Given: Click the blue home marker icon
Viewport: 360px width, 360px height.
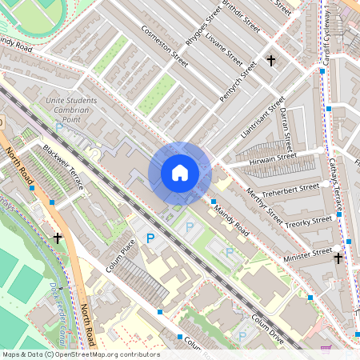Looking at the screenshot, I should [180, 173].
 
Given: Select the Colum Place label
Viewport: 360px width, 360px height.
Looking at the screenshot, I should [121, 254].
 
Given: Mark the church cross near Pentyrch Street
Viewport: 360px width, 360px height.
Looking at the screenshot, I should [270, 61].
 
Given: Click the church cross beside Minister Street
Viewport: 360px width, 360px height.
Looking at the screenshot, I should [338, 258].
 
